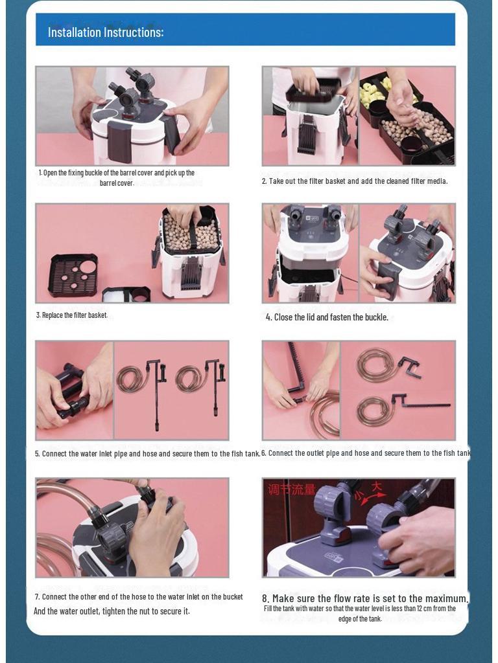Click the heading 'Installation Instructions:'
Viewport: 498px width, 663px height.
click(106, 32)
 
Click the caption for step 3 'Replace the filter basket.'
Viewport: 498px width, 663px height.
click(72, 315)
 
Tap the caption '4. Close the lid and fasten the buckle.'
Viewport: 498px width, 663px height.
click(327, 317)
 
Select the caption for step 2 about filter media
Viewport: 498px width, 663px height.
click(355, 181)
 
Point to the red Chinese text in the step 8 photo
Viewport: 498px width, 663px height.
click(291, 489)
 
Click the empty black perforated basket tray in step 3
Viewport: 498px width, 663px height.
click(73, 275)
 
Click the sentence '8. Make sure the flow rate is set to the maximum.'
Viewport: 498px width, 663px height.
click(366, 599)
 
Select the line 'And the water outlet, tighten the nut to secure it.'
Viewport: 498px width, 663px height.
click(112, 611)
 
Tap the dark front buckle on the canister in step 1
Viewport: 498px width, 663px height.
click(120, 140)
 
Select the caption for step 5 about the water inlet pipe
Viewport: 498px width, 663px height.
click(147, 454)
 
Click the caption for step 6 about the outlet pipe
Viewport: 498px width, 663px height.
click(366, 453)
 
